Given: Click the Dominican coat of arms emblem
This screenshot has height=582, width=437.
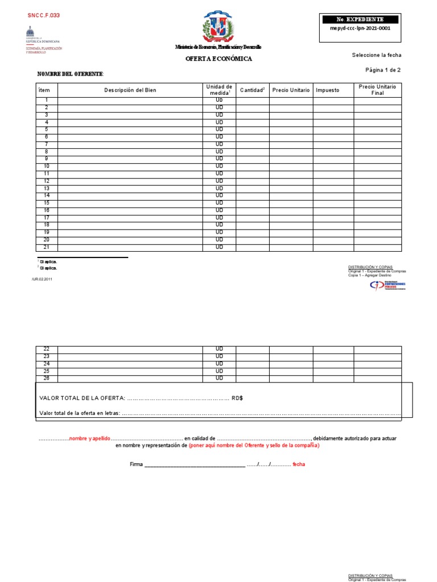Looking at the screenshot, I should point(218,27).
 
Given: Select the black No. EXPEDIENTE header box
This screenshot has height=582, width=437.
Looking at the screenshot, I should point(360,19).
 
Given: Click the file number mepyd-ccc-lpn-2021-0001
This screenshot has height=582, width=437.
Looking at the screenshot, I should point(360,28).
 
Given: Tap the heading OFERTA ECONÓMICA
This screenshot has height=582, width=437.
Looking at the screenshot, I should point(218,59).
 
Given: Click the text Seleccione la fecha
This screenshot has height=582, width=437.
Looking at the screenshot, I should point(376,55).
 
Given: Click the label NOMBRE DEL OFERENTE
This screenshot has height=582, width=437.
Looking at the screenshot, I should point(70,74).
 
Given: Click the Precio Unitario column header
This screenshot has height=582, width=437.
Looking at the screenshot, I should point(291,90).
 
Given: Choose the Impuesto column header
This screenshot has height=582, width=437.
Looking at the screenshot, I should point(327,90).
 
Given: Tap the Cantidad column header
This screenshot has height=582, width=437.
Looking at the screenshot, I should point(253,90).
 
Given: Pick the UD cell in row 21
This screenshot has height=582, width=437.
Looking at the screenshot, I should point(219,247).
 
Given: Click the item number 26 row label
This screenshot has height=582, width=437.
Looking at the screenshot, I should point(47,379).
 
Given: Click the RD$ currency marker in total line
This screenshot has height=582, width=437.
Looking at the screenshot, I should point(237,398).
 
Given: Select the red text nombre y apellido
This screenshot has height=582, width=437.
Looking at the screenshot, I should point(89,439).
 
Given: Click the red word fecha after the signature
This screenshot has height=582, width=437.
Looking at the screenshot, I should point(299,464).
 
